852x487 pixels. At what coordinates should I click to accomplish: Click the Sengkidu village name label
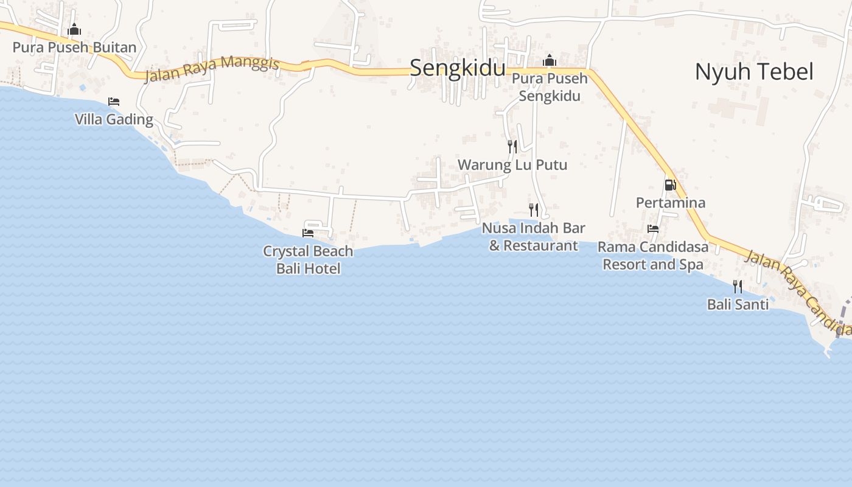(x=457, y=68)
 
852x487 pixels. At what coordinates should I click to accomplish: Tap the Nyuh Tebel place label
(x=754, y=72)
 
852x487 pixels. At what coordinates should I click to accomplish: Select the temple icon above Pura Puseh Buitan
(x=74, y=29)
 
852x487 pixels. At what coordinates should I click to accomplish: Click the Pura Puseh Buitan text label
(x=74, y=47)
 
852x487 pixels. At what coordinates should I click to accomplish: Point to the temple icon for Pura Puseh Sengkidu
(x=550, y=60)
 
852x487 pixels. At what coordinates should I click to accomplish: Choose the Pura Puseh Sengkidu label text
(x=550, y=87)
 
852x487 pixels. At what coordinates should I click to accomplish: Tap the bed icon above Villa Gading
(x=114, y=101)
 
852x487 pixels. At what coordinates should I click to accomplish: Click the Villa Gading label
(x=114, y=119)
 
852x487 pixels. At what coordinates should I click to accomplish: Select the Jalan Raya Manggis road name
(x=212, y=68)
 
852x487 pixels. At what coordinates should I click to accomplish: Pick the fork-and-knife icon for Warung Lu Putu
(x=512, y=146)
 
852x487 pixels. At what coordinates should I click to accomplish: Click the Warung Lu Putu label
(x=512, y=165)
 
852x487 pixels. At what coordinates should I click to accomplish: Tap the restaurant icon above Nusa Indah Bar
(x=534, y=209)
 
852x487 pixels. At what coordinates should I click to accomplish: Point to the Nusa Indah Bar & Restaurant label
(x=534, y=237)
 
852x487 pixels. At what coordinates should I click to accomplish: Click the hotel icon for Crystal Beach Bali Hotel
(x=308, y=233)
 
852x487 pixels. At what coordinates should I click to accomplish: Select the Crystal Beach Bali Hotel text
(x=308, y=260)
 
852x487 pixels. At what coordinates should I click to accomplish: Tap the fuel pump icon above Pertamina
(x=670, y=184)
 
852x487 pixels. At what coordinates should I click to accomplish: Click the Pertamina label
(x=671, y=203)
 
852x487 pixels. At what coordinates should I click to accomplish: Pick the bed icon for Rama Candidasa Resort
(x=653, y=229)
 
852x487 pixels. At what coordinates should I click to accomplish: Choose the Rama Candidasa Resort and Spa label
(x=653, y=256)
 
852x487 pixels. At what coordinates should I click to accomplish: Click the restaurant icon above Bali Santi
(x=738, y=286)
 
